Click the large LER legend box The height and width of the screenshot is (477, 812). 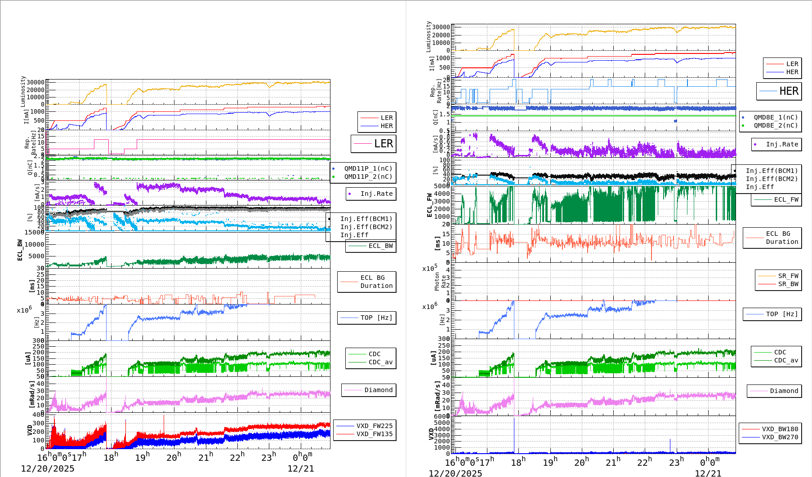coord(373,144)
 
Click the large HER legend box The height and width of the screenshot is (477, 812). coord(779,91)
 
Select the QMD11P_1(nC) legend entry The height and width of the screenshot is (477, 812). coord(368,168)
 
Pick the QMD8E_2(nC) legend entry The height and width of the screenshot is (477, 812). coord(775,125)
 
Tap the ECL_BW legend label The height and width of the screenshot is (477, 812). coord(380,246)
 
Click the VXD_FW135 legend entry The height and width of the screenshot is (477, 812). coord(374,434)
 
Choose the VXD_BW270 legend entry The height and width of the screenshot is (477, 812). coord(780,437)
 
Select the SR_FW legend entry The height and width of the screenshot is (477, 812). coord(788,276)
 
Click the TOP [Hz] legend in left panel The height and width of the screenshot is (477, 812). coord(376,318)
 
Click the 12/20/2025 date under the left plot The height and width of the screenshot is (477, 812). coord(47,468)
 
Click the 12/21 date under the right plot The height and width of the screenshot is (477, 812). coord(708,473)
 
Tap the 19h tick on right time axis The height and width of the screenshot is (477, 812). coord(550,462)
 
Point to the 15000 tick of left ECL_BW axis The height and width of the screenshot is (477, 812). coord(35,232)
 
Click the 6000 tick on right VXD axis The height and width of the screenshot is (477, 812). coord(441,416)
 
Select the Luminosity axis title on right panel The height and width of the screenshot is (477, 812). coord(428,37)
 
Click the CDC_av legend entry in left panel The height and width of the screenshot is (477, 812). coord(380,362)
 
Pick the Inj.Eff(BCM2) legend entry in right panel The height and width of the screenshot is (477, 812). coord(772,179)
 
